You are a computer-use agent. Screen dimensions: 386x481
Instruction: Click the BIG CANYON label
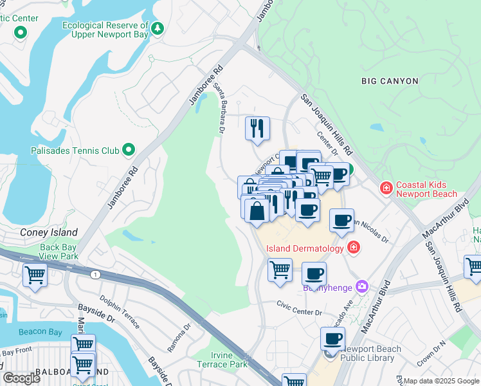[x=390, y=81]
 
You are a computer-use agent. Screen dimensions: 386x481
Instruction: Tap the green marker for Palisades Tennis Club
[x=129, y=150]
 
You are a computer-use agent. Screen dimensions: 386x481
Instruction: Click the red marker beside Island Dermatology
[x=353, y=247]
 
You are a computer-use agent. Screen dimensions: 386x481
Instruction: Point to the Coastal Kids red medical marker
[x=386, y=188]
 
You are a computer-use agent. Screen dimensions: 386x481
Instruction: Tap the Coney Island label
[x=49, y=233]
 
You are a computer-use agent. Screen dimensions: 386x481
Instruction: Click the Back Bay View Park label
[x=59, y=252]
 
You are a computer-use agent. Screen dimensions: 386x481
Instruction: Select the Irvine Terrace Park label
[x=229, y=360]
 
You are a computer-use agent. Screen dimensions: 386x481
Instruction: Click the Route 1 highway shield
[x=96, y=275]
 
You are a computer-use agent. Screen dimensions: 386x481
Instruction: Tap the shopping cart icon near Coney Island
[x=34, y=275]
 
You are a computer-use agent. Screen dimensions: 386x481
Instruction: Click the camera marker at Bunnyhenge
[x=362, y=286]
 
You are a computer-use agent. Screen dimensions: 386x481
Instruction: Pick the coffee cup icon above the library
[x=332, y=338]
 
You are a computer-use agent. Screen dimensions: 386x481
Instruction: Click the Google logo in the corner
[x=22, y=378]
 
